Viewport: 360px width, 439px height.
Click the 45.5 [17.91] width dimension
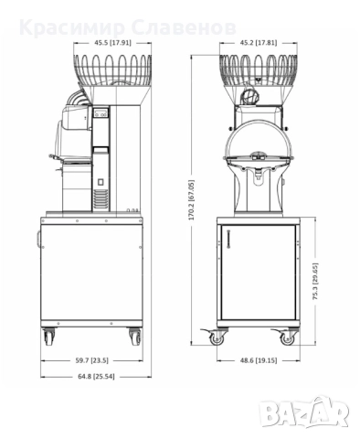coord(90,42)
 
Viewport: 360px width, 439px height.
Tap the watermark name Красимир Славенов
coord(129,26)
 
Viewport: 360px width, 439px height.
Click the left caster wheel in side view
coord(48,337)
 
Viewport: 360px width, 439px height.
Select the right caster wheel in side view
coord(136,337)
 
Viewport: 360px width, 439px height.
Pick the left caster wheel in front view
coord(217,337)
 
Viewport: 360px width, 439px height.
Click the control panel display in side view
coord(101,116)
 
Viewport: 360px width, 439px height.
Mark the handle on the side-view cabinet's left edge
coord(39,241)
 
